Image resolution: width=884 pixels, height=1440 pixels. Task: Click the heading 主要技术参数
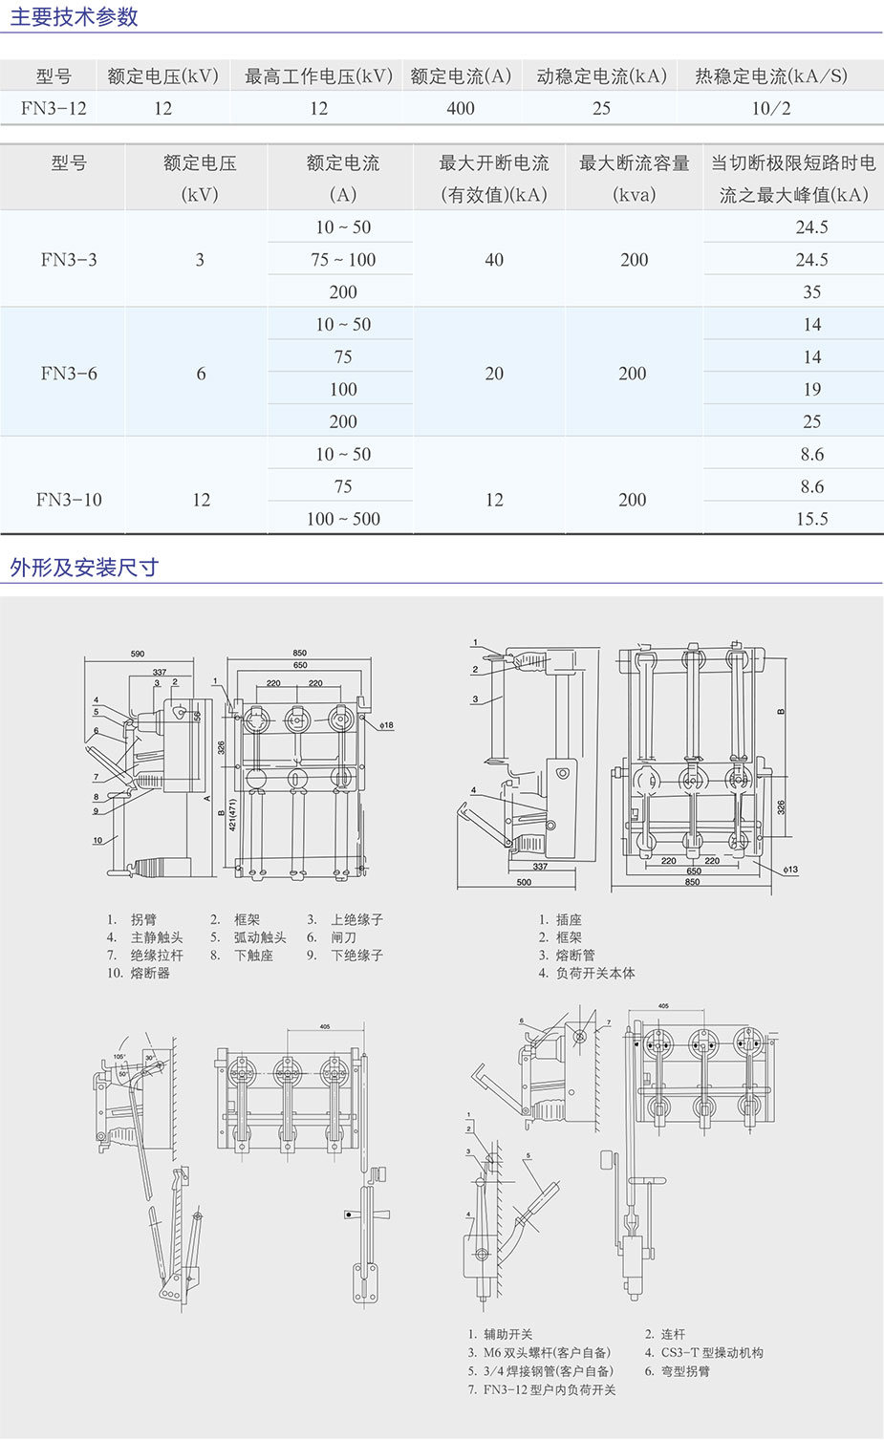(x=74, y=17)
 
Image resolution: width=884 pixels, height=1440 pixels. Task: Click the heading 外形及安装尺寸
(x=84, y=568)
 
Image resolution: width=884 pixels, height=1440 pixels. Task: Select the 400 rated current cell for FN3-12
(x=460, y=109)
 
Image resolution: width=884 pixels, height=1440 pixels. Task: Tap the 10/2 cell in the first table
(x=770, y=109)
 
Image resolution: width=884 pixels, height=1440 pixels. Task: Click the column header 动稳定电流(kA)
(x=601, y=76)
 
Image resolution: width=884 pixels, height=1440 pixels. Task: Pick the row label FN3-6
(x=69, y=374)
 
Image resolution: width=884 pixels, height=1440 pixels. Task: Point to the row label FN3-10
(x=69, y=500)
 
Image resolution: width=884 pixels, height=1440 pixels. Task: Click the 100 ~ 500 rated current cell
(x=343, y=519)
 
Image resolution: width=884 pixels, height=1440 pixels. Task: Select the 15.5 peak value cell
(x=811, y=519)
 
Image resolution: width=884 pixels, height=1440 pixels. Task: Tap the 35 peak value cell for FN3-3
(x=811, y=292)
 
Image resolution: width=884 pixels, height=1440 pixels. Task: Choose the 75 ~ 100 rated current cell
(x=343, y=260)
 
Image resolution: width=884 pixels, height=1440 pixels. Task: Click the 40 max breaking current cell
(x=494, y=260)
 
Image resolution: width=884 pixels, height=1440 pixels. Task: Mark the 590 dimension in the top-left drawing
(x=138, y=655)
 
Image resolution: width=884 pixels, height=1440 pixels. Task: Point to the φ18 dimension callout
(x=386, y=725)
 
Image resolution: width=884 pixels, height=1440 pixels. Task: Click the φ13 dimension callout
(x=789, y=870)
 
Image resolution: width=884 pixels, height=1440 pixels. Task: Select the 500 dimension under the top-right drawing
(x=524, y=882)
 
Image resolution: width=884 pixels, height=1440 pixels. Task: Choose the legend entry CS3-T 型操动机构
(x=712, y=1353)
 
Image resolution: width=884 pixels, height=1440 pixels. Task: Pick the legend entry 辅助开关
(x=507, y=1335)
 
